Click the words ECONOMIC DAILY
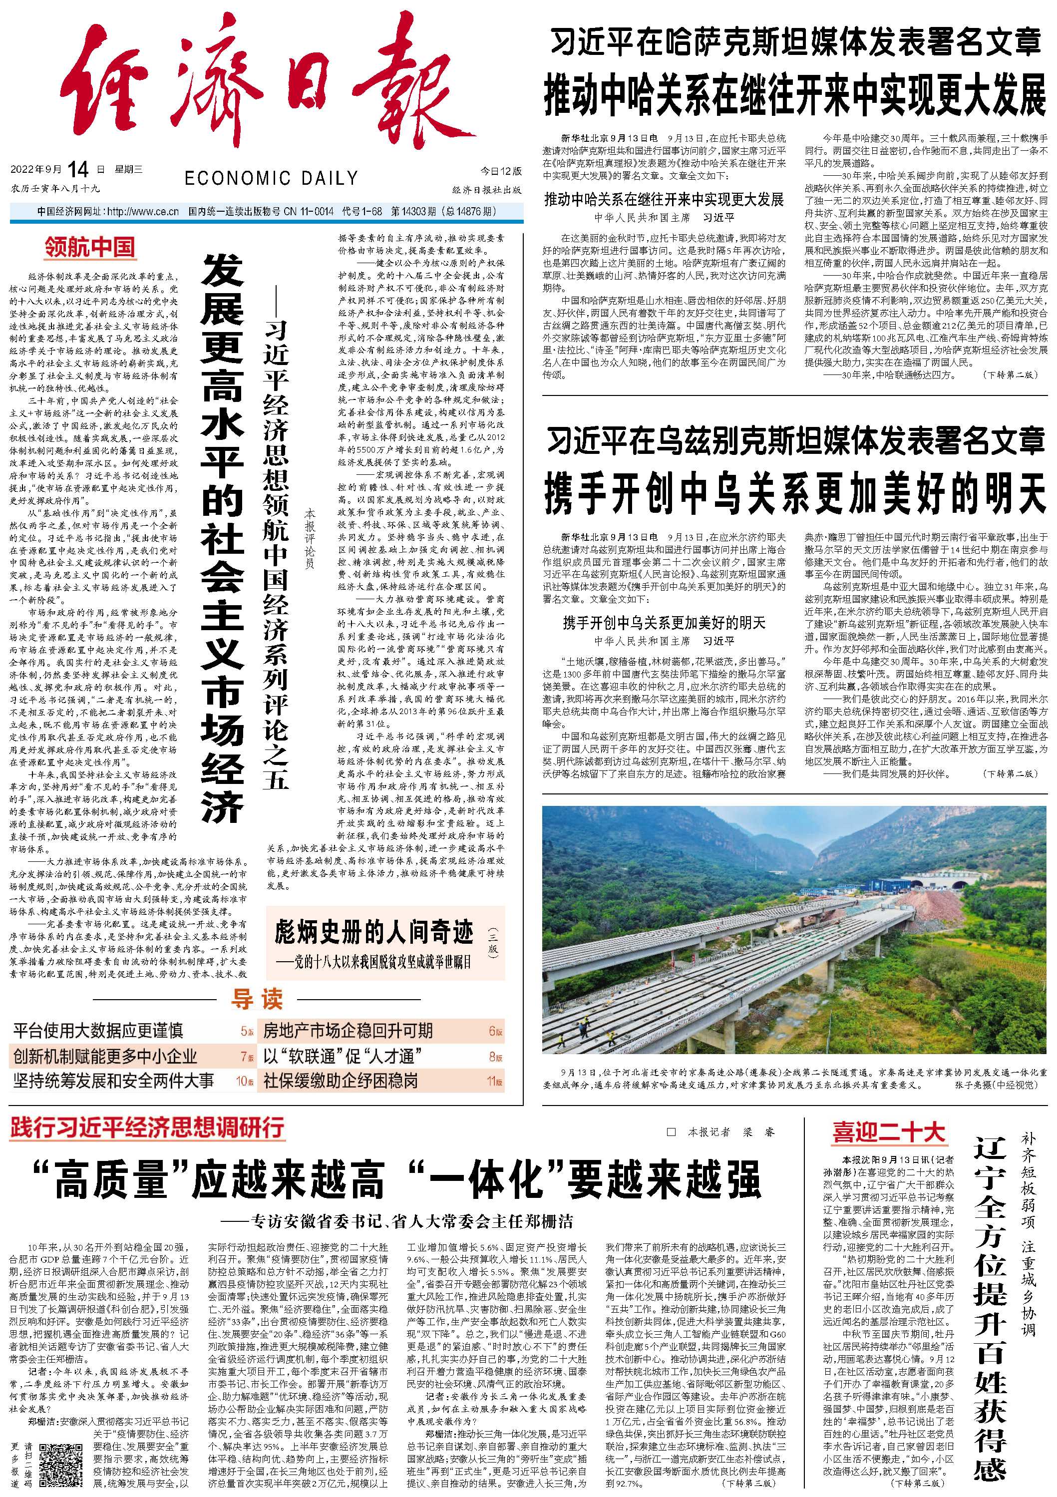pos(271,178)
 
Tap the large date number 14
pos(77,169)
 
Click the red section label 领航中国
pos(90,247)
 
